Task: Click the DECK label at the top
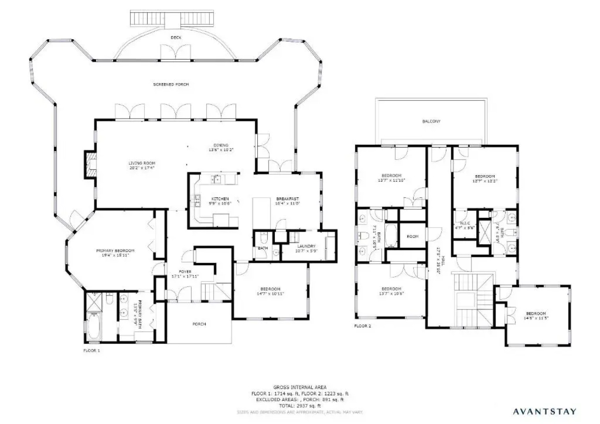pos(176,38)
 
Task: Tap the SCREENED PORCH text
pos(171,84)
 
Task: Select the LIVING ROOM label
pos(142,163)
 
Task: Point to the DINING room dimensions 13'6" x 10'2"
pos(221,150)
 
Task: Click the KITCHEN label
pos(220,199)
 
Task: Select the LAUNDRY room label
pos(306,246)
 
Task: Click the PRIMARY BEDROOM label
pos(115,251)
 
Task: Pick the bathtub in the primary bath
pos(93,326)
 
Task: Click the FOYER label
pos(185,272)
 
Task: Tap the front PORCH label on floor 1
pos(199,324)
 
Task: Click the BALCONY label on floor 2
pos(431,122)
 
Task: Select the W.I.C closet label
pos(465,223)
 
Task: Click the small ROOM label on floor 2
pos(412,237)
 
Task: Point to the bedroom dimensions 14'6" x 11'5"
pos(536,318)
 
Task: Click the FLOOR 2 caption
pos(362,326)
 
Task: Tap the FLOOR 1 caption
pos(91,351)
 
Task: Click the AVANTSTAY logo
pos(545,411)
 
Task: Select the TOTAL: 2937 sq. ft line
pos(300,406)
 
